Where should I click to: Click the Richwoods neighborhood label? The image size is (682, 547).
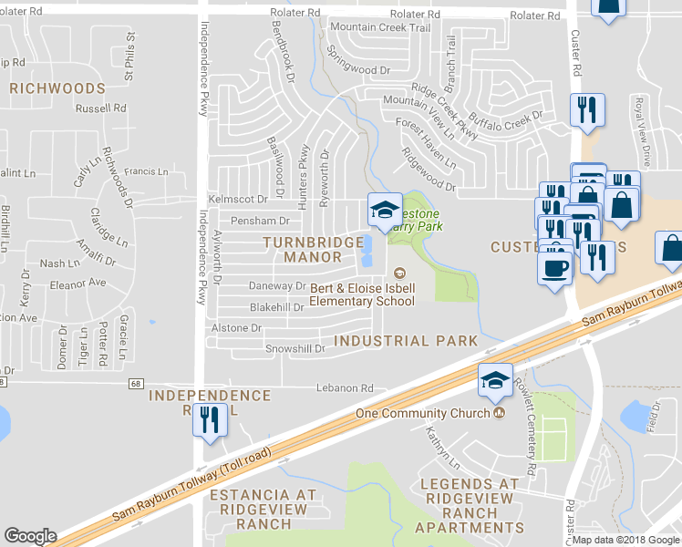57,88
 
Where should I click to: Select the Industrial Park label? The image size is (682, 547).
406,341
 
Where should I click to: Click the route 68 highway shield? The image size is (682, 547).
137,384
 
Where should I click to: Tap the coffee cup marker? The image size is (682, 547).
554,268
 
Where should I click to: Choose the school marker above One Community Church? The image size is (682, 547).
494,381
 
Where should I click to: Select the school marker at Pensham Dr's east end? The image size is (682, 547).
384,212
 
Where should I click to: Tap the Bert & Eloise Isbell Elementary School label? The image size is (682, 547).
362,294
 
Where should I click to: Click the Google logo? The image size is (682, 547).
30,536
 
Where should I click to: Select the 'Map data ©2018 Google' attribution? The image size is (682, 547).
626,540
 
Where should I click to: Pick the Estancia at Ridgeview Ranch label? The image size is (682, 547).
263,509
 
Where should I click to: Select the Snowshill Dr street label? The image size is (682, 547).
295,349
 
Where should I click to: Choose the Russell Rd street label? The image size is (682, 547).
101,108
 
